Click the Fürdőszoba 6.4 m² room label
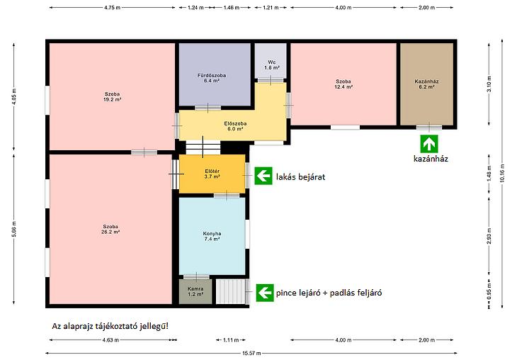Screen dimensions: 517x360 (x=212, y=78)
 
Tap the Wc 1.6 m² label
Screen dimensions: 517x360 (x=272, y=64)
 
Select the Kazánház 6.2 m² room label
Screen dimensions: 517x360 (x=426, y=84)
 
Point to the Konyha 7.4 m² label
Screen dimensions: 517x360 (x=212, y=236)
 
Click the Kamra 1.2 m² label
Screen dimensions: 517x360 (x=195, y=291)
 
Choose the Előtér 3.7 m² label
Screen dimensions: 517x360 (x=212, y=174)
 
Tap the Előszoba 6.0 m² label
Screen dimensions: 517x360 (x=235, y=126)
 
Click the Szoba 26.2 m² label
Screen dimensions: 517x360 (x=110, y=229)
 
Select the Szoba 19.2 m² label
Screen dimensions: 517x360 (x=112, y=96)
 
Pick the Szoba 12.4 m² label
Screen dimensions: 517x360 (x=343, y=84)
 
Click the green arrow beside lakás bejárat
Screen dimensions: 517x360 (x=263, y=176)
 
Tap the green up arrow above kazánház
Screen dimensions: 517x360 (x=429, y=144)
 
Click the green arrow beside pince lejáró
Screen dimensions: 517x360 (x=265, y=293)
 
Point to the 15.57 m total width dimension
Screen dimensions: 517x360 (x=251, y=353)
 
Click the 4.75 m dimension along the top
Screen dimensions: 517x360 (x=112, y=7)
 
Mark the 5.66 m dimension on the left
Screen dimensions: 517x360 (x=14, y=229)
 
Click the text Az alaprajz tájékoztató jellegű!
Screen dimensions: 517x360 (x=110, y=327)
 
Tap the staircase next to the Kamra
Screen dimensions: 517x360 (x=231, y=291)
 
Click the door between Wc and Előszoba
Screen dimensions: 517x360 (x=271, y=80)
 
